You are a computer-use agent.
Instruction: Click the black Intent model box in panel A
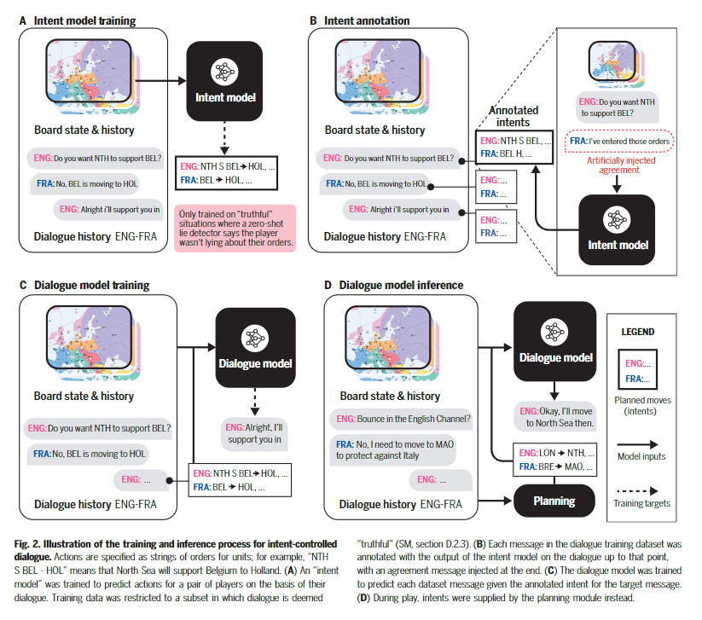click(x=224, y=81)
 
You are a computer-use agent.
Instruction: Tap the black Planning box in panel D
click(x=554, y=501)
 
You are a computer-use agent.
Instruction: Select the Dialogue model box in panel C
click(x=255, y=347)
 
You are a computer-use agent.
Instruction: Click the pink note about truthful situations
click(x=235, y=229)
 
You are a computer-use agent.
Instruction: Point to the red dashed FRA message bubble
click(x=619, y=141)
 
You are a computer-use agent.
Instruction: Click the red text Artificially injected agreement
click(x=620, y=165)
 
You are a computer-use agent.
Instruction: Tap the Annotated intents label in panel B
click(x=513, y=116)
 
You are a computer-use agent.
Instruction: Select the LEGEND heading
click(x=637, y=332)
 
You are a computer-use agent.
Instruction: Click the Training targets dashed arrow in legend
click(x=637, y=490)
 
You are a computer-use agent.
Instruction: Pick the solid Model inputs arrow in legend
click(x=637, y=444)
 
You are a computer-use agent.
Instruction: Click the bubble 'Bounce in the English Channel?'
click(x=401, y=419)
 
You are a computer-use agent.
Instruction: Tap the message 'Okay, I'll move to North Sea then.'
click(x=555, y=417)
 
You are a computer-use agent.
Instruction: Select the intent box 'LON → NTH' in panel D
click(x=554, y=460)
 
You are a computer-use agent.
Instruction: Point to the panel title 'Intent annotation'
click(x=367, y=20)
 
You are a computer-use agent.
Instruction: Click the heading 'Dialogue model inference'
click(x=401, y=285)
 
